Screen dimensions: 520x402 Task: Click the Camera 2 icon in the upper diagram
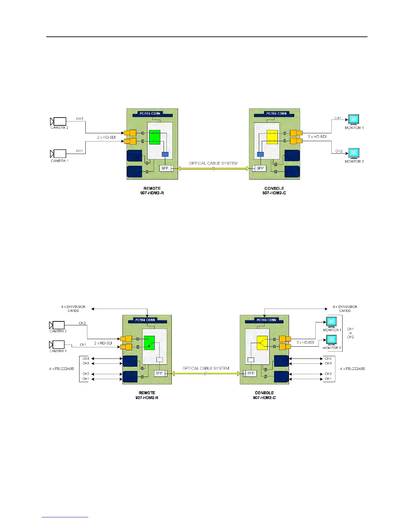(58, 121)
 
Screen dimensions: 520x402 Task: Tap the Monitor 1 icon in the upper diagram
(354, 119)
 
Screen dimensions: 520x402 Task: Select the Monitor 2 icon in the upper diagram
(354, 153)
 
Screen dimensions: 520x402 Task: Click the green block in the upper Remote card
(155, 137)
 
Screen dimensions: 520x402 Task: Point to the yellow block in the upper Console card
(272, 137)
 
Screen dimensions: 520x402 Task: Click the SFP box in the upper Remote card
(165, 168)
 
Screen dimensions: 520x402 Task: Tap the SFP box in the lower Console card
(251, 373)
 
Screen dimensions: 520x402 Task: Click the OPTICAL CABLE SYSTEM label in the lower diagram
(206, 368)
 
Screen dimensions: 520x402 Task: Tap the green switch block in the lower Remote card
(149, 343)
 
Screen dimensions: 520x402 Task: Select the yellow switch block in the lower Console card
(262, 343)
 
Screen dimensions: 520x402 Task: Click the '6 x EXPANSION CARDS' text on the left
(73, 309)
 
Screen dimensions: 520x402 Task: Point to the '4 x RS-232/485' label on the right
(352, 369)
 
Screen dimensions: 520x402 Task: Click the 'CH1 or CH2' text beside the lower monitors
(350, 333)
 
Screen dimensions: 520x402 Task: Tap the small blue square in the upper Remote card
(165, 154)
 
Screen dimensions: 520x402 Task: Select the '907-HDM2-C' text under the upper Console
(274, 193)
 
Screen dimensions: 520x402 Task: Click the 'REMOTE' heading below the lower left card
(147, 393)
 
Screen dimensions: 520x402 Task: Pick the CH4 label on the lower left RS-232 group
(86, 358)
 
